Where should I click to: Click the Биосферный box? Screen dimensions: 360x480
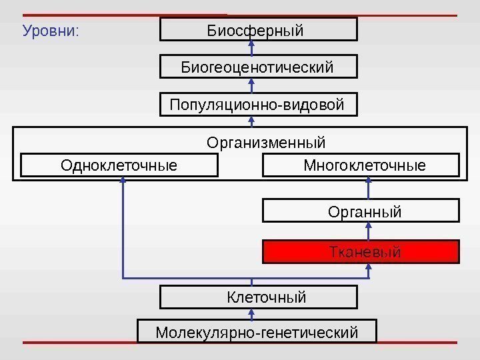click(259, 29)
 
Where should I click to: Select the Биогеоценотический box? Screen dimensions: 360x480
click(259, 67)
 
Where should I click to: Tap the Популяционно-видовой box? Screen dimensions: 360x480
click(259, 105)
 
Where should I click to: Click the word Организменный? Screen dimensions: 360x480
click(266, 143)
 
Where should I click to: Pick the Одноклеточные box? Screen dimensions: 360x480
click(119, 165)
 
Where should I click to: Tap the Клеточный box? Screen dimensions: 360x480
click(259, 297)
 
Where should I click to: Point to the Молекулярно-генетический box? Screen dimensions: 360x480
click(257, 331)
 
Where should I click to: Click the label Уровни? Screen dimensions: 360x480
click(51, 31)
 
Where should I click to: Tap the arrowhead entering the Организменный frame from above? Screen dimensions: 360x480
click(252, 121)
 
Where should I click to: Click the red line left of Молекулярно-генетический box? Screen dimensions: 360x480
click(80, 343)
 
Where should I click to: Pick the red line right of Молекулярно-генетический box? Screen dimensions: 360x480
click(417, 343)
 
